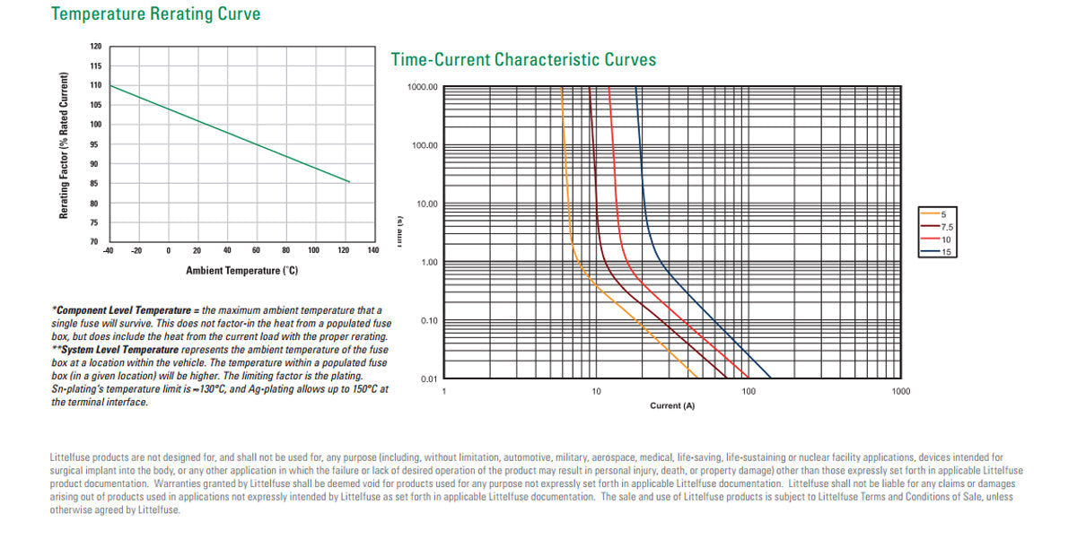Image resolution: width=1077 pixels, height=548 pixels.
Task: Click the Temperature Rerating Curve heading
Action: click(x=156, y=14)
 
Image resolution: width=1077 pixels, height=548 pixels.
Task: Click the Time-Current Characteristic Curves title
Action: click(x=523, y=60)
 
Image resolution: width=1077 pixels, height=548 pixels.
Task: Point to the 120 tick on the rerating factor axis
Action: click(x=96, y=46)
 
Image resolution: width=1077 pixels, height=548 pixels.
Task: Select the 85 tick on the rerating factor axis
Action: click(x=95, y=184)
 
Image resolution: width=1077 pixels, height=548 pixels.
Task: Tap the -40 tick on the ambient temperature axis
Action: click(x=108, y=250)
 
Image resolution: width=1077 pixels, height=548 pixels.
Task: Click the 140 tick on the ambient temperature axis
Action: click(x=372, y=250)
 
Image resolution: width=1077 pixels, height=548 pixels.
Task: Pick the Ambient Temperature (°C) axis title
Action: click(x=241, y=270)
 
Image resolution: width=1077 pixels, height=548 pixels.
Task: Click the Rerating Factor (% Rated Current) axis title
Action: click(x=65, y=145)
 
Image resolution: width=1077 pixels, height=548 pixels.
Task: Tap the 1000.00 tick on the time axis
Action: click(x=423, y=87)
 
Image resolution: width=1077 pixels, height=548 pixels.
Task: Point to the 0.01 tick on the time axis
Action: click(x=429, y=379)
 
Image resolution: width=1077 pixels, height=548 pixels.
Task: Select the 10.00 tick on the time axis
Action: click(x=425, y=204)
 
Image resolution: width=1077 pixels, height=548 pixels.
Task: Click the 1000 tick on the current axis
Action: click(x=900, y=392)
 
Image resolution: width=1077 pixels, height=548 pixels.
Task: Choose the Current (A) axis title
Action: click(x=672, y=406)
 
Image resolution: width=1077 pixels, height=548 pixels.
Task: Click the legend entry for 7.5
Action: click(x=947, y=227)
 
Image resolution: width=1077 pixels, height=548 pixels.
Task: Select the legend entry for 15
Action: click(x=945, y=252)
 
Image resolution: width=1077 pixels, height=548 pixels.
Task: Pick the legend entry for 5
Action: click(x=943, y=214)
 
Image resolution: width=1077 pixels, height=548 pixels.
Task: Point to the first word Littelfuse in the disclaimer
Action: click(x=70, y=457)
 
